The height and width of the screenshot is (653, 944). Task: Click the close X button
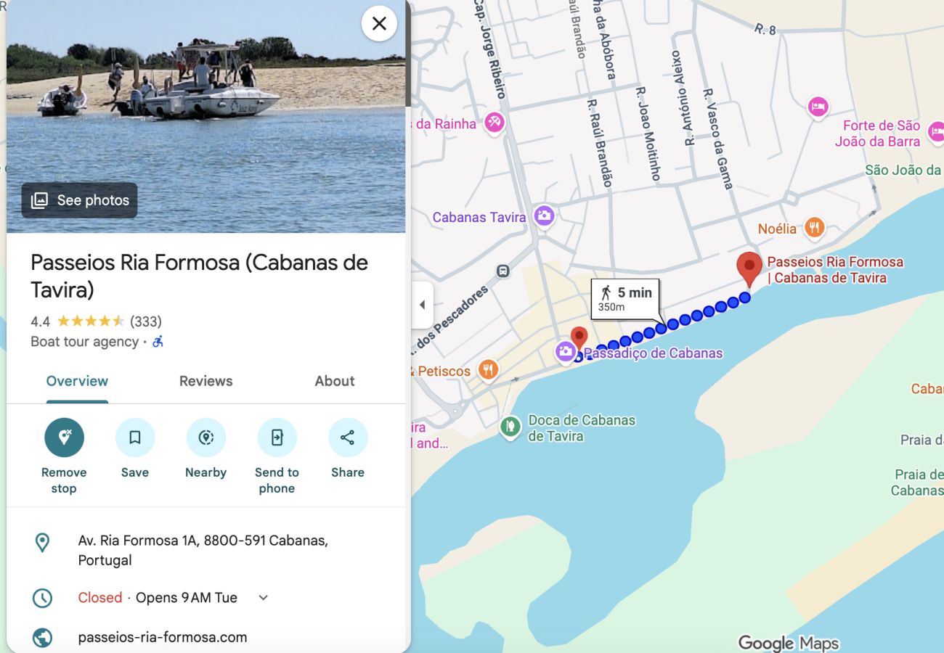[x=379, y=24]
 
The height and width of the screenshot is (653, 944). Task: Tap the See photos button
[x=80, y=200]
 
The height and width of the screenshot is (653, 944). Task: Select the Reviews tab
[x=206, y=381]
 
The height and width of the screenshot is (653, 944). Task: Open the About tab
[x=335, y=381]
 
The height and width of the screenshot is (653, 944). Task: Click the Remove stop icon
[x=64, y=438]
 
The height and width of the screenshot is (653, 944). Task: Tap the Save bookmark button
[x=135, y=438]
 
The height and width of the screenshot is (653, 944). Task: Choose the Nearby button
[x=206, y=438]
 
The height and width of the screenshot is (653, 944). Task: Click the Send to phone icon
[x=277, y=438]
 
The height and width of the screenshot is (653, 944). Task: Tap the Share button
[x=348, y=438]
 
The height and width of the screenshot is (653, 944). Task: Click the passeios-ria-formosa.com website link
[x=163, y=637]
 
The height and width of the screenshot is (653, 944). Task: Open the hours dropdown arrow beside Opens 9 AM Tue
[x=264, y=598]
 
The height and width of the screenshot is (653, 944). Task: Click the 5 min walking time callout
[x=625, y=298]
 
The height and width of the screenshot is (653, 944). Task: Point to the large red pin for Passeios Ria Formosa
[x=749, y=267]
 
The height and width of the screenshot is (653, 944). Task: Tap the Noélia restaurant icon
[x=815, y=228]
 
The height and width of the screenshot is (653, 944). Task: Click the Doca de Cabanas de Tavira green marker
[x=510, y=426]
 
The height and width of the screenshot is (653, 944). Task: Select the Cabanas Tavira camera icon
[x=544, y=215]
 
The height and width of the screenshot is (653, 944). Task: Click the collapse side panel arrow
[x=422, y=305]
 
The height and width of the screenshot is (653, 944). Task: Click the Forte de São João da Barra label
[x=881, y=134]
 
